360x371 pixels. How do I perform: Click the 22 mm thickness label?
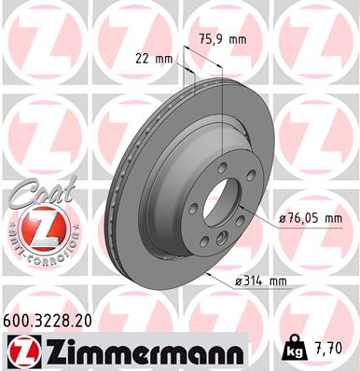click(154, 58)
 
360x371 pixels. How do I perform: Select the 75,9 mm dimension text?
click(218, 39)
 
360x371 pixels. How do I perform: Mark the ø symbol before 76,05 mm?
click(284, 219)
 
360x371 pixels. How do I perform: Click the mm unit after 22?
click(164, 58)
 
